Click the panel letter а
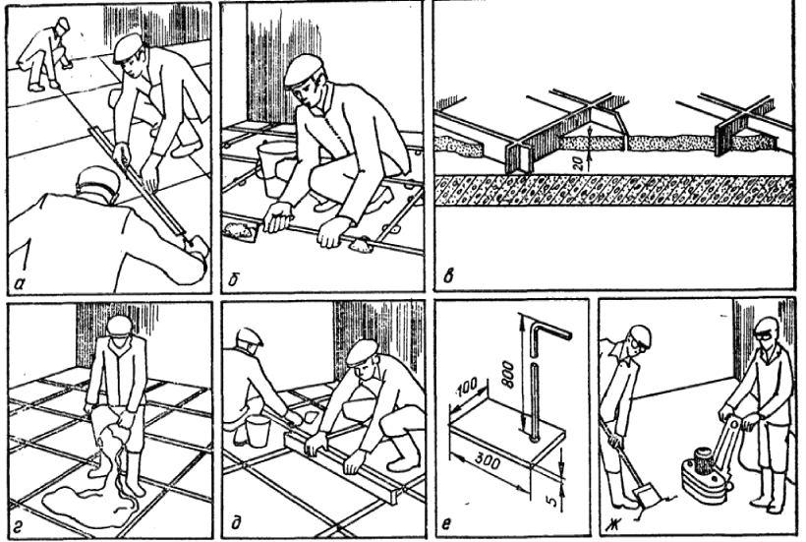click(x=20, y=278)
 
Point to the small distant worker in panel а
click(x=44, y=54)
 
